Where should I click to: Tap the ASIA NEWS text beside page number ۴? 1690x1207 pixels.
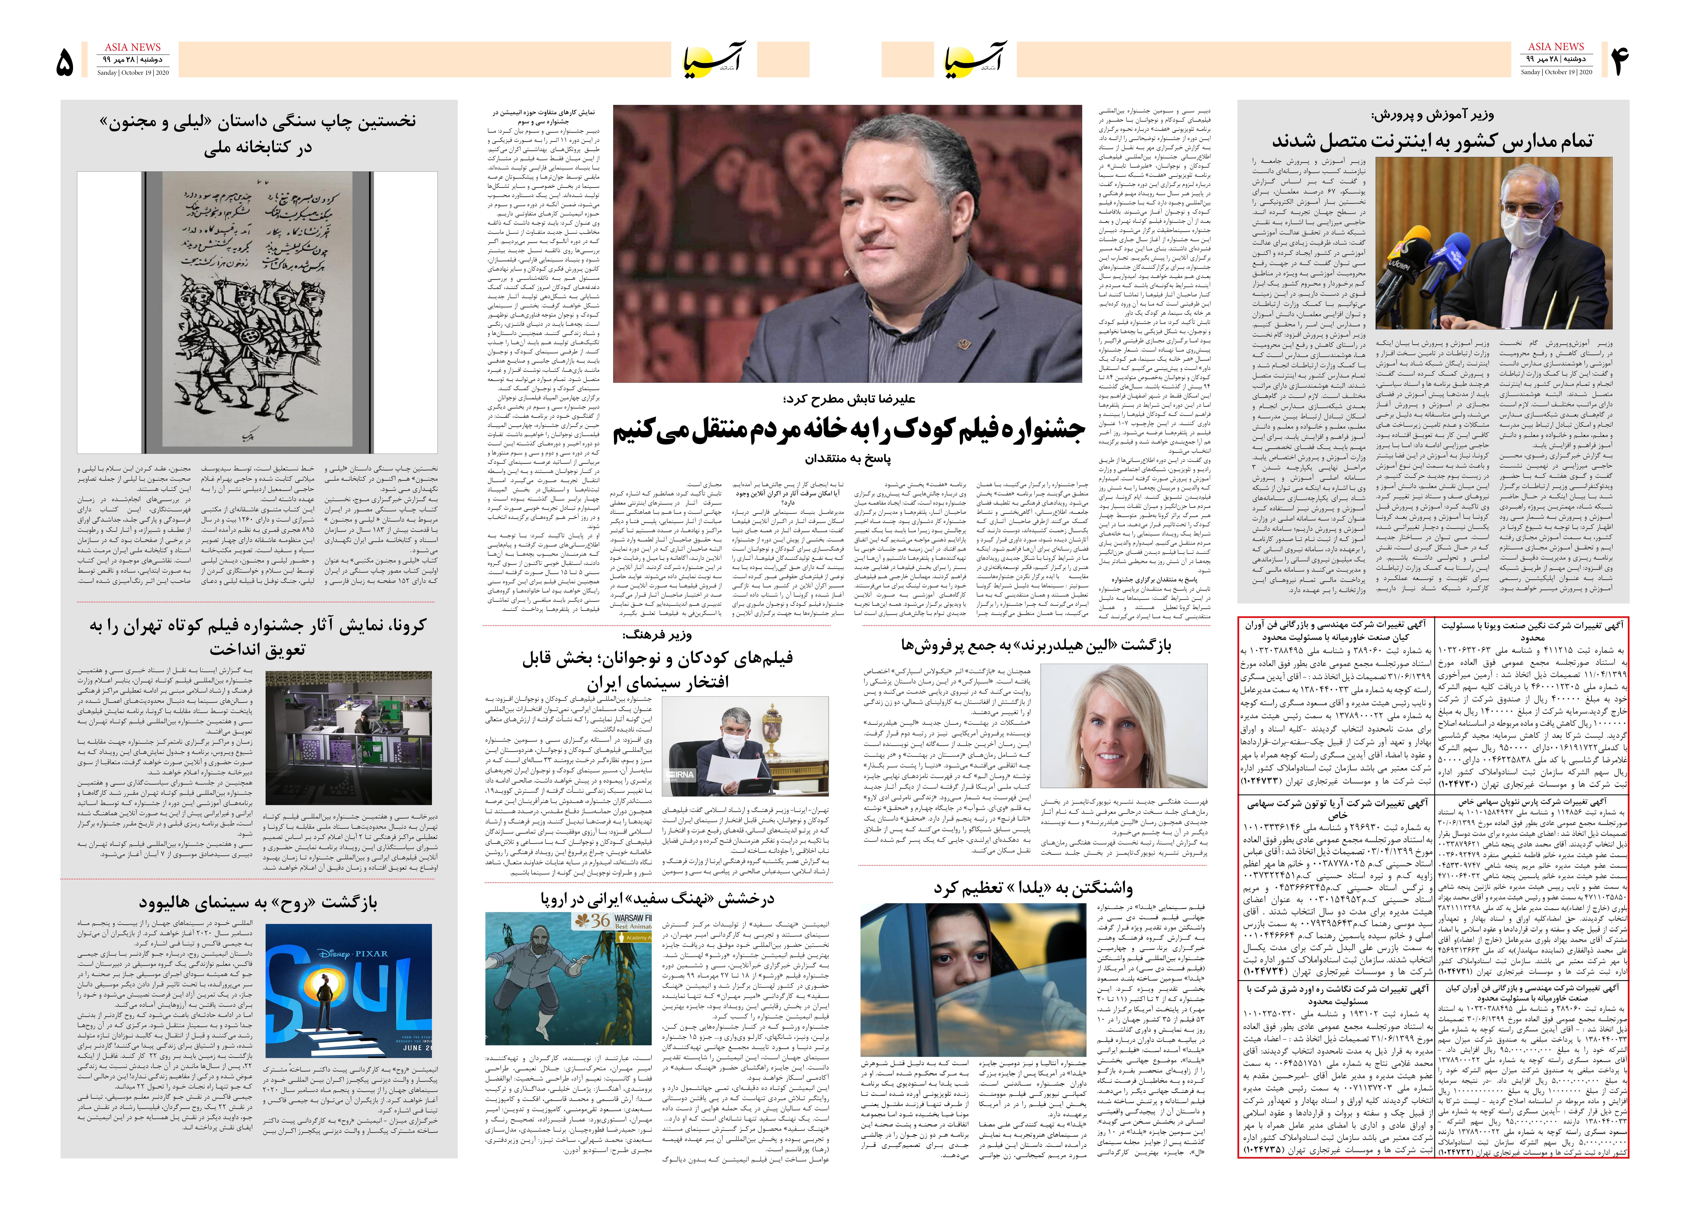[x=1556, y=46]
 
